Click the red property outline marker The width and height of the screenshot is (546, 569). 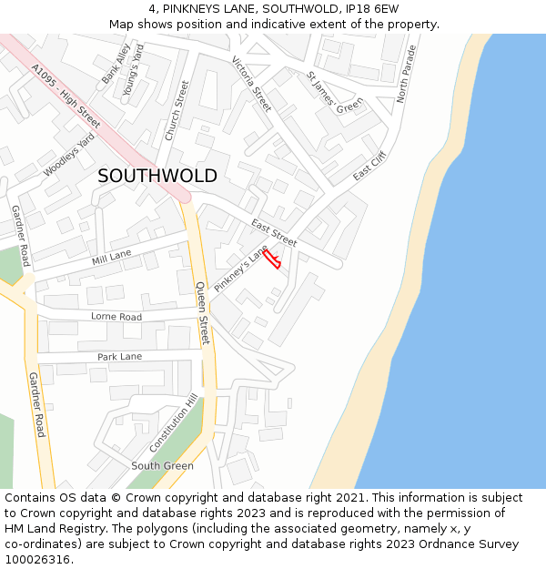pos(272,259)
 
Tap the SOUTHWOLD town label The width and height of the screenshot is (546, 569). pos(157,176)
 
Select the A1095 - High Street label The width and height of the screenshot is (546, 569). pos(66,95)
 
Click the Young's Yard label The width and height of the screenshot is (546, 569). pos(134,59)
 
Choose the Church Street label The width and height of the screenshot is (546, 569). pos(177,110)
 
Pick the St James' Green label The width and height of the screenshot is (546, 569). pos(334,93)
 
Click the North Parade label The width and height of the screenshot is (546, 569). pos(406,74)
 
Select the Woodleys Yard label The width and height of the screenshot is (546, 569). pos(69,154)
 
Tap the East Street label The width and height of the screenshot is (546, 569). pos(274,233)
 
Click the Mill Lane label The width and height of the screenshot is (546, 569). pos(111,258)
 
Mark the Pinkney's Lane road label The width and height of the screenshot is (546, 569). pos(240,269)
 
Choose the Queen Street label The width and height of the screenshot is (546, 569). pos(203,312)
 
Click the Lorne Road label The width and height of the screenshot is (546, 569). pos(116,317)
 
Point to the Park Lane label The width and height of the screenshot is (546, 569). pos(119,356)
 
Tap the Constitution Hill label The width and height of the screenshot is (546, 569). pos(173,424)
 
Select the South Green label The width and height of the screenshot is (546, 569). pos(162,465)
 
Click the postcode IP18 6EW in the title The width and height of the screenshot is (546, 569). pos(368,9)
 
